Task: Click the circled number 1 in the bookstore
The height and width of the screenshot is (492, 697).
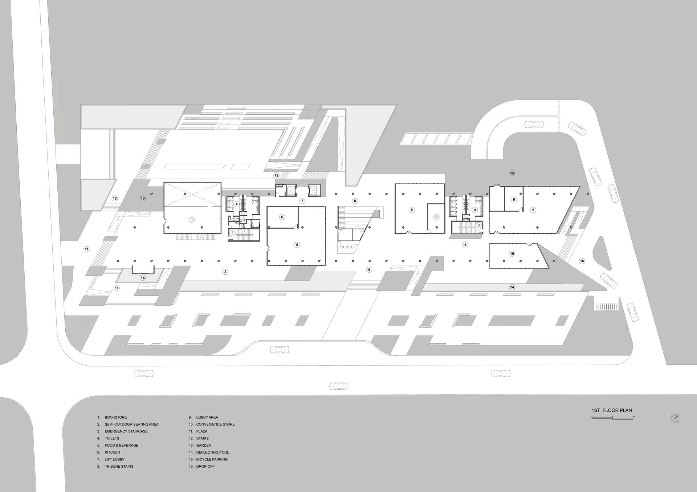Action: (192, 220)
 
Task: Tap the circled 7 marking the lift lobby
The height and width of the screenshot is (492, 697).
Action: (302, 201)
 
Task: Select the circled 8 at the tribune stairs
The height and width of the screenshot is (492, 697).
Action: (355, 201)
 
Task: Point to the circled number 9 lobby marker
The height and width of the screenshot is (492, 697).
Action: (369, 270)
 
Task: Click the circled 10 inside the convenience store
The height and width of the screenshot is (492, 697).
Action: (512, 254)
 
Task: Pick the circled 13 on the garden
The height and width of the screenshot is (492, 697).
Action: (143, 198)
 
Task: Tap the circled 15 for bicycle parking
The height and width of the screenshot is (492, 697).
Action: (512, 173)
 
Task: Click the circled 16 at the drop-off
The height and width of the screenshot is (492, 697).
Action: (582, 261)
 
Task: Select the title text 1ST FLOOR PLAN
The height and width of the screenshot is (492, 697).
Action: (612, 410)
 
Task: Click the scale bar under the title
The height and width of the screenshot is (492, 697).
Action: (613, 418)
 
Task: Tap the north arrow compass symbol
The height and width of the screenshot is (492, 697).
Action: (675, 419)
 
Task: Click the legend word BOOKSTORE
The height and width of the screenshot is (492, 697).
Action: (116, 417)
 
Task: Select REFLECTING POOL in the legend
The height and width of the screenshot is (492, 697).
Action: (213, 452)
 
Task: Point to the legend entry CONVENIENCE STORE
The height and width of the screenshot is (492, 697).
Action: (216, 424)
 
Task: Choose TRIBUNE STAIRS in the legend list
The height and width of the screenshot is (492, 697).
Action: (119, 467)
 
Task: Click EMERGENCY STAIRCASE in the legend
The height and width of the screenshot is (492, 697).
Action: (126, 431)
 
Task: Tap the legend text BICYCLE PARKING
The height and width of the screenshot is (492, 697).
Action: (212, 459)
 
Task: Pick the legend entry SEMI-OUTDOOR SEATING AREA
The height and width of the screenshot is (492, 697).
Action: (132, 424)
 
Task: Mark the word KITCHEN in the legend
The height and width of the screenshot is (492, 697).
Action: (113, 452)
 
